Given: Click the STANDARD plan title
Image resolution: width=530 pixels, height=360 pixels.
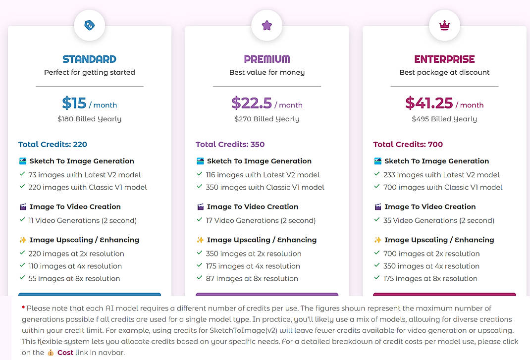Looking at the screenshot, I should point(89,59).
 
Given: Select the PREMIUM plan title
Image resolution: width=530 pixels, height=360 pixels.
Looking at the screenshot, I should point(267,59).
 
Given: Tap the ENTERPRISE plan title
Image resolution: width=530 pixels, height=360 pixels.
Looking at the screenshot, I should point(444,59).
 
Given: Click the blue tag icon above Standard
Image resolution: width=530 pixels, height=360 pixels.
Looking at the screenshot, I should point(89,25).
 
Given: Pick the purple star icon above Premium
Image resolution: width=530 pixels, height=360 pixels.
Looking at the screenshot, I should point(267,25).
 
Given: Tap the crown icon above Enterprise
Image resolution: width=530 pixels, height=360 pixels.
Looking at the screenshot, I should point(444,25).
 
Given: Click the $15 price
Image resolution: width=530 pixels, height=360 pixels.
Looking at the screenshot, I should point(74,103).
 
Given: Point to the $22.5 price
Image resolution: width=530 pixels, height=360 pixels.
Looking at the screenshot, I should point(252,103).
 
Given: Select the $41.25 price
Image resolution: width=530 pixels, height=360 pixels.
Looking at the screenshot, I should point(429,103).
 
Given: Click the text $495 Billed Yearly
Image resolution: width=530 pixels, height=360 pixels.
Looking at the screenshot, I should point(444,119).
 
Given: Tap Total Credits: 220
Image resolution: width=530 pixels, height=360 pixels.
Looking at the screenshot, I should point(53,145).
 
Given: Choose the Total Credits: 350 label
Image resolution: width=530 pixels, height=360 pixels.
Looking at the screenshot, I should point(230,145).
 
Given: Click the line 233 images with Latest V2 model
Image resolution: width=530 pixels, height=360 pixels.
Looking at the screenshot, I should point(441,175).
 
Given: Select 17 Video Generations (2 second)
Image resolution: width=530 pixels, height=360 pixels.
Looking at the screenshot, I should point(261,220).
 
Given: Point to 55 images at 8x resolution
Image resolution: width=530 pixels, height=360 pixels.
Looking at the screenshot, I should point(74,278).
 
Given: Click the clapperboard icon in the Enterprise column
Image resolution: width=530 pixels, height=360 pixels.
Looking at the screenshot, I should point(378,207).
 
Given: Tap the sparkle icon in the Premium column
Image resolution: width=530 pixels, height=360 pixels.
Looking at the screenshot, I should point(201,240).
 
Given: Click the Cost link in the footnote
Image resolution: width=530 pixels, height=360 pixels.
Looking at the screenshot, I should point(65,353).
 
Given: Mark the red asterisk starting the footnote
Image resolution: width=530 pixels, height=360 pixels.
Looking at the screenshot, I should point(23,308).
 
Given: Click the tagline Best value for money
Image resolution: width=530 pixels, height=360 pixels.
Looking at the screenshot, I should point(267,72).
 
